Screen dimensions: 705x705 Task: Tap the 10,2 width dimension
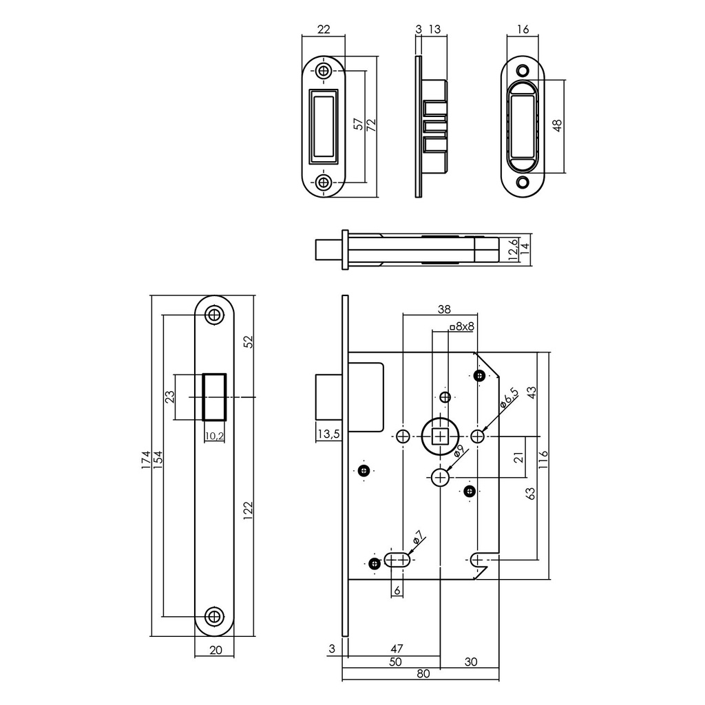point(215,435)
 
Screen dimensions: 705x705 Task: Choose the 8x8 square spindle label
point(461,326)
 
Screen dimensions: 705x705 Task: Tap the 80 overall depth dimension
point(423,674)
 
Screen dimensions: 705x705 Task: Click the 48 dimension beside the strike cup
point(557,125)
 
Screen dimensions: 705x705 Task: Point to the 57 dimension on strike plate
point(358,124)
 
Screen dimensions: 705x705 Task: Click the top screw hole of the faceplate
point(215,315)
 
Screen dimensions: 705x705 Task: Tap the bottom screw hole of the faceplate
point(215,615)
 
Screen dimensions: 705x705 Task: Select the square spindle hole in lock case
point(439,436)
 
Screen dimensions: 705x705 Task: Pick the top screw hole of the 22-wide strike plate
point(324,71)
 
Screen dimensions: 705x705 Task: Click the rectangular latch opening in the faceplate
point(215,397)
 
